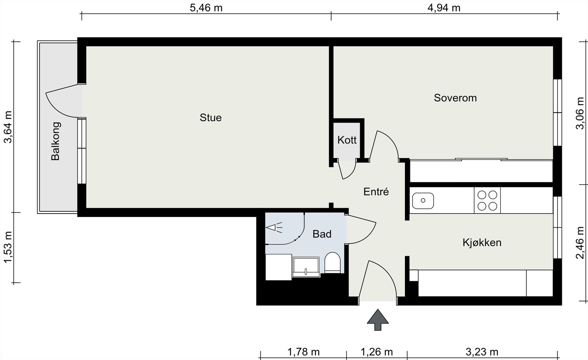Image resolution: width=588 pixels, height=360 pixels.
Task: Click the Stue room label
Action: click(211, 118)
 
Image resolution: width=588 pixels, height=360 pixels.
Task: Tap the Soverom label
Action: click(455, 98)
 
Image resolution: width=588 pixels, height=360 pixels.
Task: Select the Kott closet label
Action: click(347, 140)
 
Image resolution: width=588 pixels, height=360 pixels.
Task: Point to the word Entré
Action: click(376, 192)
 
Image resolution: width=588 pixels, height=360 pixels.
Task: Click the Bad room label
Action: click(322, 234)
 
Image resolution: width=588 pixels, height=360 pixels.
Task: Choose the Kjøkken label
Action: click(482, 243)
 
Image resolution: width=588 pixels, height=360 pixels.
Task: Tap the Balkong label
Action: click(55, 141)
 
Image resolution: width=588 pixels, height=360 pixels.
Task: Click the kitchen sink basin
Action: click(423, 201)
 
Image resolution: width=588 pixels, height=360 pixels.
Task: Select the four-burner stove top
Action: click(487, 200)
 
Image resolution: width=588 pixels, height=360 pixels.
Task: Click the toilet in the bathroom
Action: click(332, 263)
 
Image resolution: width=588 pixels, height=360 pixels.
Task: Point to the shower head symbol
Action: click(274, 227)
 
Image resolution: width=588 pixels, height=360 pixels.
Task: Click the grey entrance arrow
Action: click(378, 320)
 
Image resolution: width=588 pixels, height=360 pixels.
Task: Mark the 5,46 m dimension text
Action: click(206, 8)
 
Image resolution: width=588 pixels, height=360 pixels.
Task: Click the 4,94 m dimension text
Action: click(444, 8)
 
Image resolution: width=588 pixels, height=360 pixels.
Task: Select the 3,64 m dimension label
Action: click(8, 127)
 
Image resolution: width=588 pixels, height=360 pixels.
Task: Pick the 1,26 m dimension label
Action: click(377, 352)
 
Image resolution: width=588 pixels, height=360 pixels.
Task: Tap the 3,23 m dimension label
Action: click(482, 352)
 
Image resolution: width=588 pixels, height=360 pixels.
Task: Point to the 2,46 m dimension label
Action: click(580, 243)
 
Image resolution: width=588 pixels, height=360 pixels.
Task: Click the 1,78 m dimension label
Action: click(304, 352)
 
